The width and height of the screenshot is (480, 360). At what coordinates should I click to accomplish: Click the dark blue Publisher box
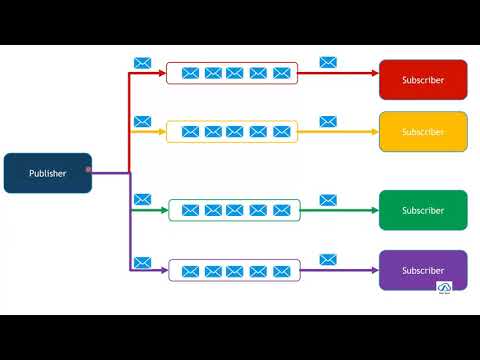48,173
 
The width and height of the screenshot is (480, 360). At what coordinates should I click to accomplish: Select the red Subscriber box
423,80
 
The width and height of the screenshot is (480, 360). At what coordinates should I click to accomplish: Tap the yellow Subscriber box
423,131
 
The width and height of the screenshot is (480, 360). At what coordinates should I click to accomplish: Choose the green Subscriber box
423,210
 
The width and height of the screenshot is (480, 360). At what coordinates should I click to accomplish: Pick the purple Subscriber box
423,270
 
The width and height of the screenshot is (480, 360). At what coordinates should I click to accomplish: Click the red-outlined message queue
232,73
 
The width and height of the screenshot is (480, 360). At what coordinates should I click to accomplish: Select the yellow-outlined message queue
232,131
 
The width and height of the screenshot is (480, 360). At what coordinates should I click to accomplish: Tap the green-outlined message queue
232,210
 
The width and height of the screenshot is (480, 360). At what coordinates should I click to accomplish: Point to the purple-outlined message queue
232,270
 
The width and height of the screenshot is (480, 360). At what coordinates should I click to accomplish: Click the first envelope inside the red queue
189,73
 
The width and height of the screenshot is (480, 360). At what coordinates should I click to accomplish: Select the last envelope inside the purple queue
281,271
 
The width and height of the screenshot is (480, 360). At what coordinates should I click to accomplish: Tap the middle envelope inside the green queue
235,210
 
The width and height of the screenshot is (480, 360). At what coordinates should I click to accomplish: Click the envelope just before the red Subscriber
328,62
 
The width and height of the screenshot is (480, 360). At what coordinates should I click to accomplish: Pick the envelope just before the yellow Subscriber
328,121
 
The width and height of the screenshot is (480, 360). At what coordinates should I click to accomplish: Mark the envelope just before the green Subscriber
328,200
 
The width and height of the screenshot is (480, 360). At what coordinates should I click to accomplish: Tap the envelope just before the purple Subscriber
328,260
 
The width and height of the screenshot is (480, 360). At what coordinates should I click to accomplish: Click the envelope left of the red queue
142,63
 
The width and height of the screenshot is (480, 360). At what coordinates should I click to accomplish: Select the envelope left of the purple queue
142,262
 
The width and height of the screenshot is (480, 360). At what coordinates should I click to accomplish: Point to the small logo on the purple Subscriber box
445,288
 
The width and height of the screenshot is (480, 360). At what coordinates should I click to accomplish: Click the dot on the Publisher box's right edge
90,170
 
